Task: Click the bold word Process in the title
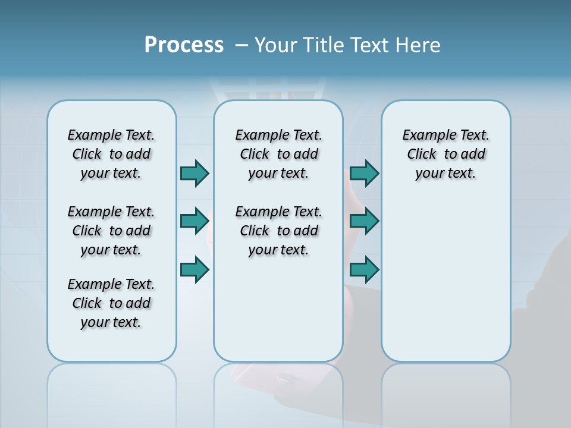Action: point(184,45)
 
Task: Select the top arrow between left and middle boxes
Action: point(194,173)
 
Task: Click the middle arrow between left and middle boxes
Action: point(194,221)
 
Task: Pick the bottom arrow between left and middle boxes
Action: point(194,269)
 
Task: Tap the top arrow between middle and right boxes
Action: point(364,173)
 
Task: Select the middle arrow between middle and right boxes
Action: point(364,221)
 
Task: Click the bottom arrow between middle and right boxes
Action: point(364,269)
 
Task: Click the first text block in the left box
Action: point(111,154)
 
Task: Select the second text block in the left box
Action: point(111,231)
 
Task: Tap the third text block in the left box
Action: point(111,303)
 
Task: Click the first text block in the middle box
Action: point(278,154)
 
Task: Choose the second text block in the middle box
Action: point(278,231)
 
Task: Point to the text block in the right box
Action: point(445,154)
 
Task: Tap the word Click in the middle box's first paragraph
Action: point(255,155)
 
